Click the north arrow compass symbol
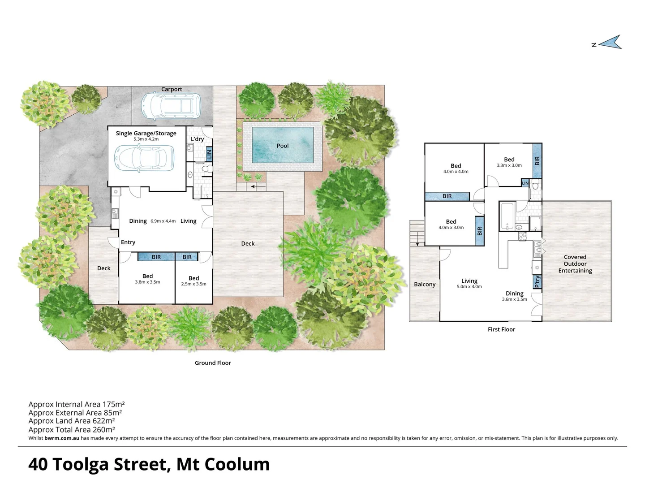(x=610, y=43)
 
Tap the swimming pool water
(x=283, y=145)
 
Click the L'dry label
(x=197, y=139)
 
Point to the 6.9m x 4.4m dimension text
(x=163, y=221)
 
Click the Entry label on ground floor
(x=128, y=242)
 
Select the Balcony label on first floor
(x=425, y=284)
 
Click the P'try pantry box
(x=537, y=281)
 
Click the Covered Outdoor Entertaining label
(x=575, y=264)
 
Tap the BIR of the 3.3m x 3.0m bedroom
(x=537, y=160)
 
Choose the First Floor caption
(x=501, y=329)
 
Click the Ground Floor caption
(x=213, y=363)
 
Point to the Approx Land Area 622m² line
(x=72, y=421)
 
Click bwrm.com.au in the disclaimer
(x=62, y=438)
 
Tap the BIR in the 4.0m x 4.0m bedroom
(x=447, y=196)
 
